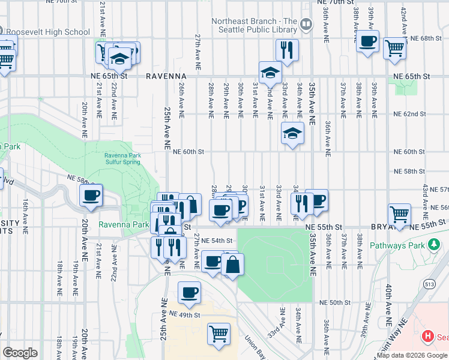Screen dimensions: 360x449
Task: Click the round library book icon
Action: tap(307, 25)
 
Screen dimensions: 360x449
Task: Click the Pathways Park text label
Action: tap(397, 245)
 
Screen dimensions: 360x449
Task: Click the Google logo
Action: tap(20, 353)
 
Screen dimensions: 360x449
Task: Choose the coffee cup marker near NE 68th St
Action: tap(367, 41)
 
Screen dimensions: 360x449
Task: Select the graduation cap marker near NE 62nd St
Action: tap(292, 133)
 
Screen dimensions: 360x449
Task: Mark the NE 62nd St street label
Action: tap(410, 113)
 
